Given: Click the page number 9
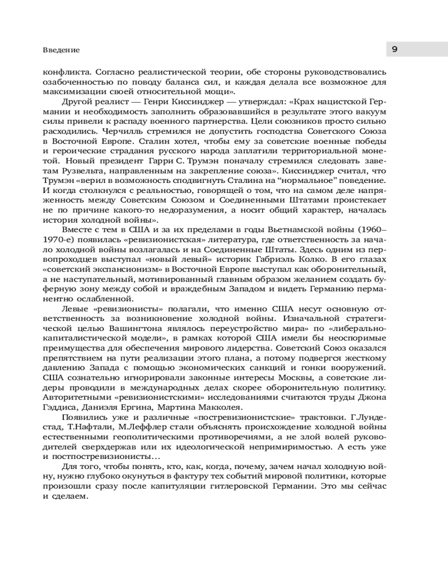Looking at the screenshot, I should click(394, 49).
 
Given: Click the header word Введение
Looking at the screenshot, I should click(61, 50).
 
